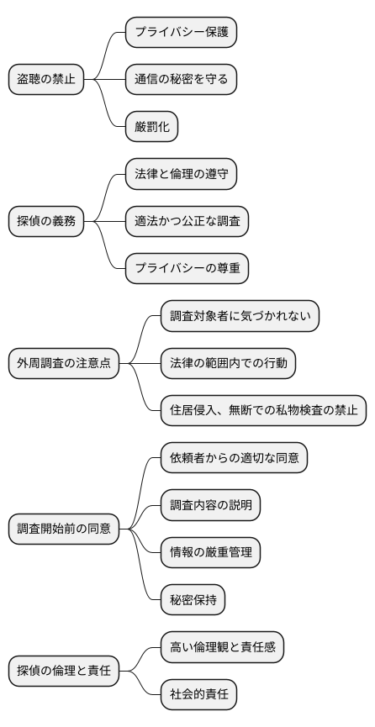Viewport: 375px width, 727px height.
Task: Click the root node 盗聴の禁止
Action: [46, 80]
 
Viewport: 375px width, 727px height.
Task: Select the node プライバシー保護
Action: [181, 33]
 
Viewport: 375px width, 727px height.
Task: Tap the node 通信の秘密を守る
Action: [181, 80]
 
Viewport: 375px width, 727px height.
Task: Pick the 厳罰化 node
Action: [152, 127]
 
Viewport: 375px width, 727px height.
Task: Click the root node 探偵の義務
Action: [46, 222]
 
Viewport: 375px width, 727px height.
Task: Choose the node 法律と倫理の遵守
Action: [180, 175]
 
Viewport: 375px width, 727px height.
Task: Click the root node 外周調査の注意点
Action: [64, 364]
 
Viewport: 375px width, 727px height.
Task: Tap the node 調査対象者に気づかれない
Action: [240, 317]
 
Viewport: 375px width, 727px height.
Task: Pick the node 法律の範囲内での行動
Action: [228, 364]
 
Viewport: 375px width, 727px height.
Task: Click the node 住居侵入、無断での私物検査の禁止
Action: [263, 411]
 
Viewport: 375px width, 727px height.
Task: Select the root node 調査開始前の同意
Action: [64, 529]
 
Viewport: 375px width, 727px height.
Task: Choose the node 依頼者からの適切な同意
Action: [234, 459]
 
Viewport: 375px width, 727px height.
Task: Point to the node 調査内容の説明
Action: [210, 506]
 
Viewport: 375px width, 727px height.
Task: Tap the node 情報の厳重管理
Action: [210, 553]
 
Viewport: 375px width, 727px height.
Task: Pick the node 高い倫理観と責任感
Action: [222, 648]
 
